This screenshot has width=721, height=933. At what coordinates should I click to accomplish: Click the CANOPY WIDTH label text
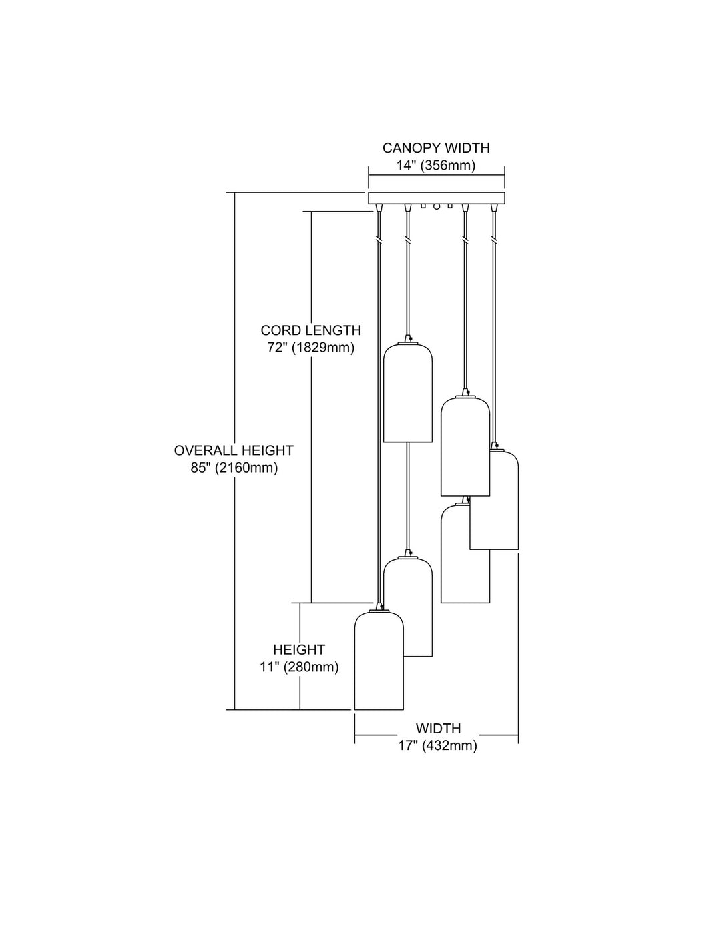436,148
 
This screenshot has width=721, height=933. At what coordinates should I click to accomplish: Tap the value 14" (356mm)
436,166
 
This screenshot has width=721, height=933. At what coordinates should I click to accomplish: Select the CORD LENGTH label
311,330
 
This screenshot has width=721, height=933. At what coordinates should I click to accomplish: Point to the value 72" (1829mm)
311,347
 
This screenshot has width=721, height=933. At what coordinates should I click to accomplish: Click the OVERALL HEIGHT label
234,450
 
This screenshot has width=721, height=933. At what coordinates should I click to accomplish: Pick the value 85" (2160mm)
234,468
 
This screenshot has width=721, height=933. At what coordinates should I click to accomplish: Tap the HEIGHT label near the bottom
299,649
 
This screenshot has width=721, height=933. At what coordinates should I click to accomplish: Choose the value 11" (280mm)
299,667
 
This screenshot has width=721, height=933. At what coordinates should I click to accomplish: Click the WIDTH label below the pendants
438,729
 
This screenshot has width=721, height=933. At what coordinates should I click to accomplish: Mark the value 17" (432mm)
438,745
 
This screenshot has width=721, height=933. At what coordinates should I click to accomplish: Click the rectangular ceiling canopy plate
437,198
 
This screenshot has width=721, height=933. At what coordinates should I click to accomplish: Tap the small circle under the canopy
437,206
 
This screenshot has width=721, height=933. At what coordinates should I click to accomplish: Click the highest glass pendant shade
407,392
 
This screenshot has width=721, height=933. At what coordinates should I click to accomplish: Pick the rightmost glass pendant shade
494,500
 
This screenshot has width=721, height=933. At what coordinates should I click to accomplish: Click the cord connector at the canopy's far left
379,208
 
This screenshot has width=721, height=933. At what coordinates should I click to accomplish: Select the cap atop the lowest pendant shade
379,607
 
